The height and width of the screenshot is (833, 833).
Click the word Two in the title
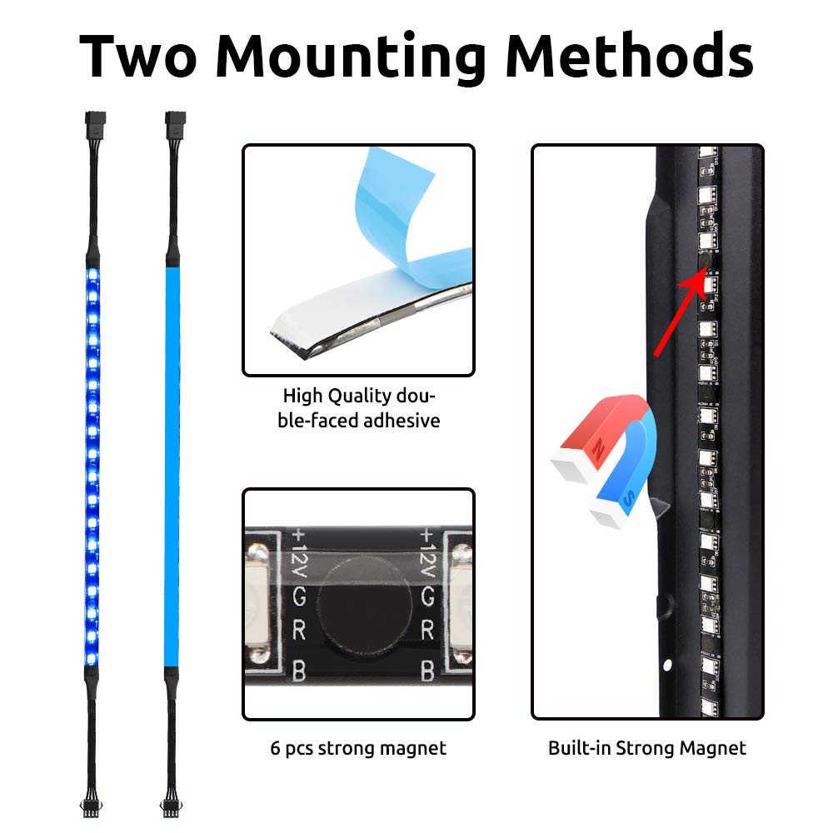pos(138,56)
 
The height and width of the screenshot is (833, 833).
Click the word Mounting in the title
pos(351,58)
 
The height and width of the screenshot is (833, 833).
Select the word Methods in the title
pos(630,55)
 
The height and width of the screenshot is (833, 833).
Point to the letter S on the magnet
pos(628,498)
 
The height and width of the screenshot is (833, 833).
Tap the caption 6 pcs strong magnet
pos(358,748)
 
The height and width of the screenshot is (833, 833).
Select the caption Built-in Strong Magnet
pos(647,748)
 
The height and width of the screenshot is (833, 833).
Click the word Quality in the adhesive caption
pos(360,397)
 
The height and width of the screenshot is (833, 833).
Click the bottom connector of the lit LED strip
pos(92,807)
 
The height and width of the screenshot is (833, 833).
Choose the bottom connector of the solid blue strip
pos(171,807)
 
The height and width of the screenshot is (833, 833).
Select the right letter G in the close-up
pos(427,597)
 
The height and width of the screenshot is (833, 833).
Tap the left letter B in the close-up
pos(299,671)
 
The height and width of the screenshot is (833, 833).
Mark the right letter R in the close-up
pos(427,631)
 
